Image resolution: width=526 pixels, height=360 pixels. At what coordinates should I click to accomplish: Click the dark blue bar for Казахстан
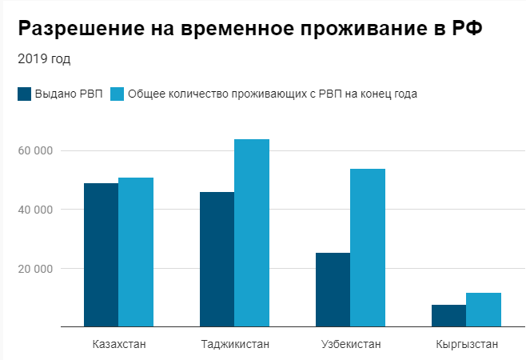101,254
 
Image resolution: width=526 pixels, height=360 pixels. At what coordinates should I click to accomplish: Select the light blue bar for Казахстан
136,252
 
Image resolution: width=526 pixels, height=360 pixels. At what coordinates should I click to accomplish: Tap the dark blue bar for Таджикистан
217,259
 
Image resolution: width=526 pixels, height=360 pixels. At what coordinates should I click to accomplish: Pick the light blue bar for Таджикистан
252,233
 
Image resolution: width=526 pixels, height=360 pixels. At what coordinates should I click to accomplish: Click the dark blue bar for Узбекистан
333,290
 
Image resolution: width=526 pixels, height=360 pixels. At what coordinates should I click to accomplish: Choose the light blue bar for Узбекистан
368,248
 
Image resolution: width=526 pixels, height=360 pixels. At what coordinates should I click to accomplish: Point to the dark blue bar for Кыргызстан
448,315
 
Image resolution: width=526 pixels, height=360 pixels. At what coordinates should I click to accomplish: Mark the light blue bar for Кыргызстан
484,310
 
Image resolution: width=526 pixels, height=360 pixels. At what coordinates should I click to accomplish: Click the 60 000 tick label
35,150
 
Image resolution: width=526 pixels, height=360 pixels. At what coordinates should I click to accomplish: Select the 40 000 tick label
35,210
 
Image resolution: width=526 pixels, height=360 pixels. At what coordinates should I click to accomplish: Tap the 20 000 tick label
35,268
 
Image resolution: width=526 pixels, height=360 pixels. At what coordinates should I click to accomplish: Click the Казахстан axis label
118,345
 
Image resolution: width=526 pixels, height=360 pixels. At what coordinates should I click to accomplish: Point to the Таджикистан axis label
234,345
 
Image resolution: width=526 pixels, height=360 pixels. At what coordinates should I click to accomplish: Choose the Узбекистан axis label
350,345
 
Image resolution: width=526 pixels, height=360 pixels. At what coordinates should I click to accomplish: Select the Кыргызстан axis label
467,345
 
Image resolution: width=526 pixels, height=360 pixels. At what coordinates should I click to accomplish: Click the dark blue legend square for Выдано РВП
24,94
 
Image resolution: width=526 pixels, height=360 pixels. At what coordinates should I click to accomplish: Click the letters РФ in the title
469,30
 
